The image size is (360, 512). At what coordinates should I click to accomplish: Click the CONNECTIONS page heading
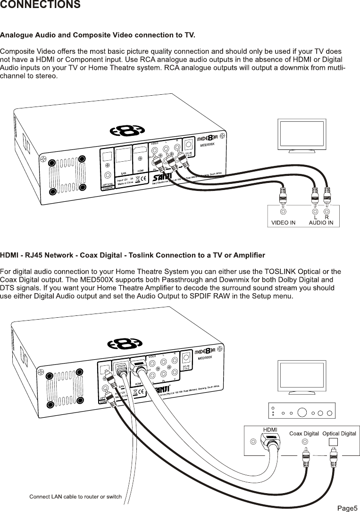40,5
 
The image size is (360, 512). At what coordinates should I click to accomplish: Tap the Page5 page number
347,507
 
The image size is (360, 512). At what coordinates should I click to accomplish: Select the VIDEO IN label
283,223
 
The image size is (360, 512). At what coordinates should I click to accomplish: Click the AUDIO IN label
324,223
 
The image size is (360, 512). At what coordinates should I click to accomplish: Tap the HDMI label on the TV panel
270,429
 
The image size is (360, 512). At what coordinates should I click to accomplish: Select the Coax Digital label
304,433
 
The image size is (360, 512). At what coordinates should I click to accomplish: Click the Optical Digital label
339,433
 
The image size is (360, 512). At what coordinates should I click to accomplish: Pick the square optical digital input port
334,442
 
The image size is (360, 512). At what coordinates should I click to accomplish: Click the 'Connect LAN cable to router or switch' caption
75,496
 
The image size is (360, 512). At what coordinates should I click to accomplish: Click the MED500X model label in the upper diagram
208,146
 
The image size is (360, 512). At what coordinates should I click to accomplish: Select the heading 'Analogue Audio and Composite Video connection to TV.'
98,35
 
